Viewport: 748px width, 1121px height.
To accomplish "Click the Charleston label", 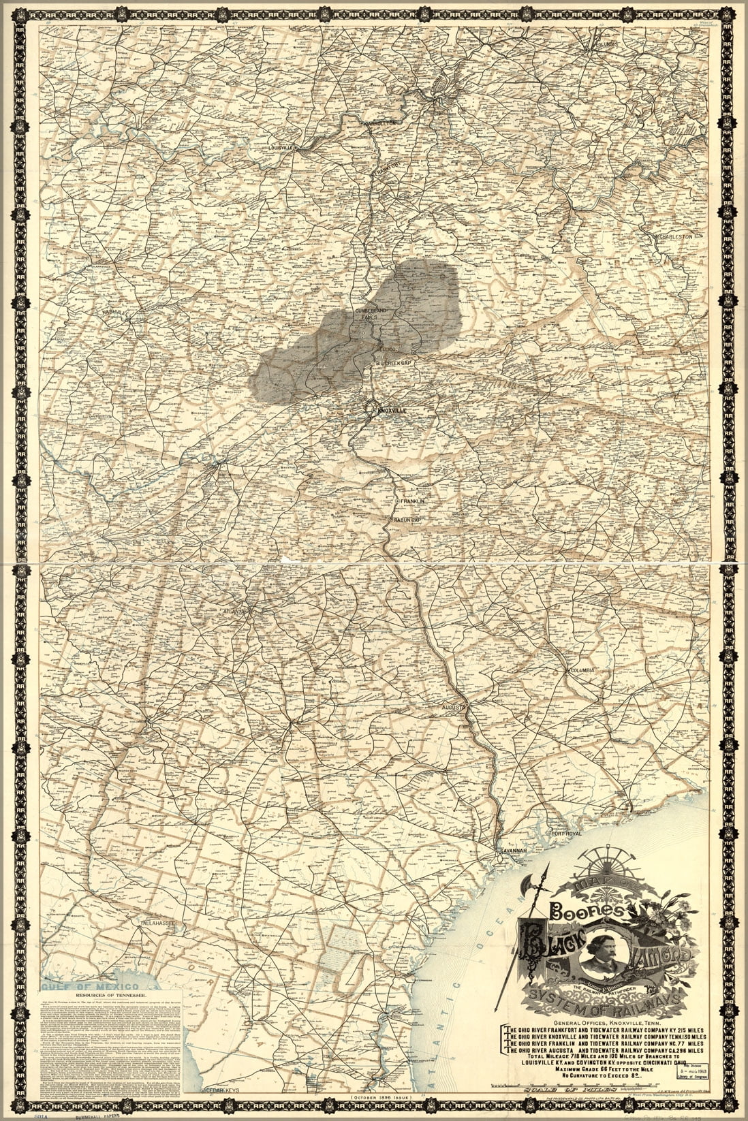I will click(674, 236).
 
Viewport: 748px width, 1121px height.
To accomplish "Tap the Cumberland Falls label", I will click(371, 314).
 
